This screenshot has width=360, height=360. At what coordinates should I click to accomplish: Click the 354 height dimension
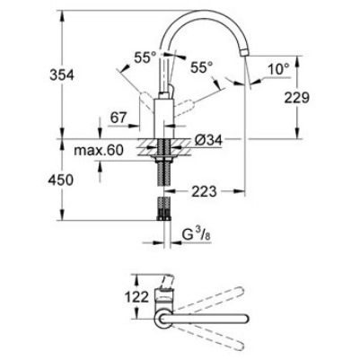62,75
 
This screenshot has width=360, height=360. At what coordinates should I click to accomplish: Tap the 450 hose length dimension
61,180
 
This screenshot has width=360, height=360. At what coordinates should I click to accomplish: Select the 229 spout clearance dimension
297,97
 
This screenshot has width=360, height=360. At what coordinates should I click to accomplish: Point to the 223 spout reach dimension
204,191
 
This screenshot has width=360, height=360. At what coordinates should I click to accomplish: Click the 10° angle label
278,69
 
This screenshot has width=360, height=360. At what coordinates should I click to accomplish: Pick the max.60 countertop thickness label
99,150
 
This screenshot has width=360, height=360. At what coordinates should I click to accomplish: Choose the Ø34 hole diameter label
208,140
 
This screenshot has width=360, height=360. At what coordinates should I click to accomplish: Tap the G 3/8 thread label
197,235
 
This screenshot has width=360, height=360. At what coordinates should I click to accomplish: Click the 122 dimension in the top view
136,297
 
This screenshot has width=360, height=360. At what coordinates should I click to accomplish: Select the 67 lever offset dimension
119,118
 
